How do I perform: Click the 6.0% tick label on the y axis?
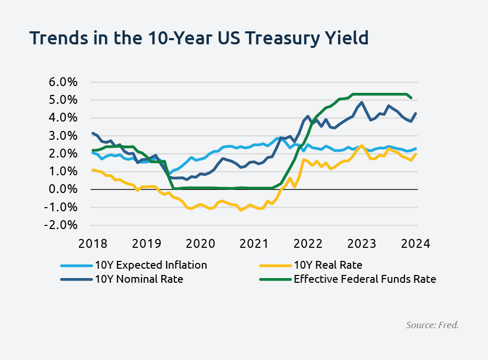(63, 82)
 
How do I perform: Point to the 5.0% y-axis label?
(63, 100)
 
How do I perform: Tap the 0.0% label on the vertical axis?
(63, 189)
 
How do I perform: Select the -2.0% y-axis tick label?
(62, 225)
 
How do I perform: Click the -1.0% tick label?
(62, 207)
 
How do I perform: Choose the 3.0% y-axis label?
(63, 136)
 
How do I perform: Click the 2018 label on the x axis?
(92, 244)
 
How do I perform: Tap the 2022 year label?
(307, 244)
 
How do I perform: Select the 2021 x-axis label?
(254, 244)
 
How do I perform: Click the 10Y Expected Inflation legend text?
(151, 265)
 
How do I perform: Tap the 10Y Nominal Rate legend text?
(139, 279)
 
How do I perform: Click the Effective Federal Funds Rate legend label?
(365, 279)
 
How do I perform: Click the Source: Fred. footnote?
(432, 325)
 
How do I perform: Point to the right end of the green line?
(412, 98)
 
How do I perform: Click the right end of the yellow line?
(416, 154)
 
